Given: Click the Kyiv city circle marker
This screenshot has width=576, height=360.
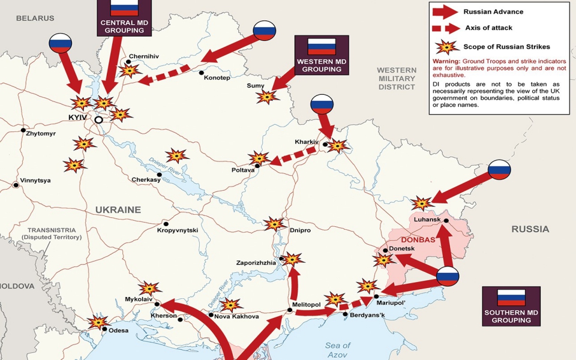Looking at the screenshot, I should (98, 120).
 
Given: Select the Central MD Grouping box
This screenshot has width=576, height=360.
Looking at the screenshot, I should (125, 17).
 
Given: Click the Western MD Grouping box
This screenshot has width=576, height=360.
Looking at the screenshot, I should (322, 55).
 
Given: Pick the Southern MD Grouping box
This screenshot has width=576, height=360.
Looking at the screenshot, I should (511, 306).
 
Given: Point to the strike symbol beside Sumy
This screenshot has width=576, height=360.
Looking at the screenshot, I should (271, 95).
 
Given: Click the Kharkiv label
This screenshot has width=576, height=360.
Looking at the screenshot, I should (306, 142).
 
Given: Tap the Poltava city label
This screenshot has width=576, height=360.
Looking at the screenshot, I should (243, 170).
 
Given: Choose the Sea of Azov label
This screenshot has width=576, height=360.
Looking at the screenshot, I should (338, 350).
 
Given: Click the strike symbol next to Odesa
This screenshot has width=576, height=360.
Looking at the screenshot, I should (98, 322).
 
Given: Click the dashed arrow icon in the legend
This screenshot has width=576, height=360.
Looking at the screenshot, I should (444, 28).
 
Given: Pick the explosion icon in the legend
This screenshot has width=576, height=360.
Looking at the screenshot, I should (445, 47).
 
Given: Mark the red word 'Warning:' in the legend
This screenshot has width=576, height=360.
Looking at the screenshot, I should (446, 62).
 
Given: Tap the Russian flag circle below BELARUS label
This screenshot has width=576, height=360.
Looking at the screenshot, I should (60, 43).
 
